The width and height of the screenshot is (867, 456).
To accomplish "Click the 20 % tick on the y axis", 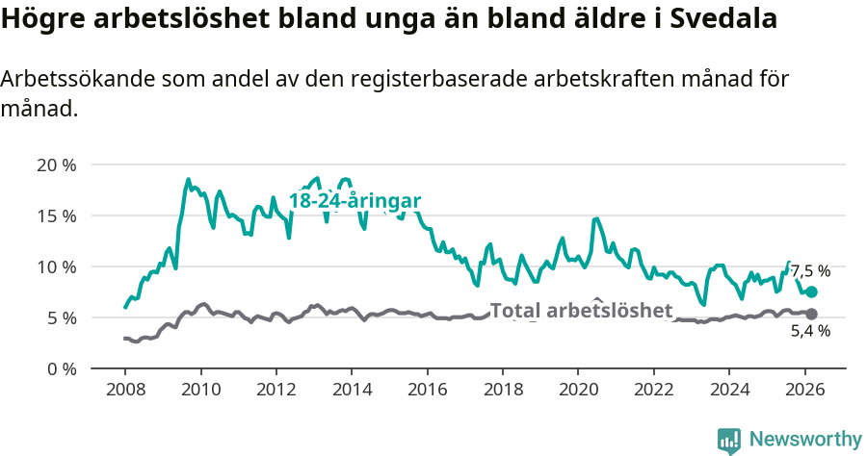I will [x=56, y=165].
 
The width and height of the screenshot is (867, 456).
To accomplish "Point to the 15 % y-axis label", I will [x=56, y=215].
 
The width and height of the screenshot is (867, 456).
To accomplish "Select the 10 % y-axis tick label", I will [x=56, y=266].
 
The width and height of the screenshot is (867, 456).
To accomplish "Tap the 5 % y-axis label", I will [x=61, y=317].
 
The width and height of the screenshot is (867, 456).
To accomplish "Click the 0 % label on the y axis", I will [x=61, y=368].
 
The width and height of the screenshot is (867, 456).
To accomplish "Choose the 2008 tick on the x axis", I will [x=125, y=390].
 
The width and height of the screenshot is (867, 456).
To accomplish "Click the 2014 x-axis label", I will [x=352, y=390].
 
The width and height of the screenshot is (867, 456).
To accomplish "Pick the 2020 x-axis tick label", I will [x=578, y=390].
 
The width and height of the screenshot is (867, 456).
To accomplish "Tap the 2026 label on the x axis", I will [x=804, y=390].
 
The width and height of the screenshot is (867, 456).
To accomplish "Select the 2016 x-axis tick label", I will [x=427, y=390].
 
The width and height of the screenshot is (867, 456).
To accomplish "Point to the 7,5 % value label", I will [x=810, y=272].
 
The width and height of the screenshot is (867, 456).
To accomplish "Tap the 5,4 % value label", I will [x=810, y=331].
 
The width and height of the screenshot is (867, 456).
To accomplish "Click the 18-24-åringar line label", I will [x=355, y=201].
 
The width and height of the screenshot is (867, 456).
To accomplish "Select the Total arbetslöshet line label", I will [x=581, y=311].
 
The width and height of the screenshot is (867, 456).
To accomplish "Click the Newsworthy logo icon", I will [x=729, y=440].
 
